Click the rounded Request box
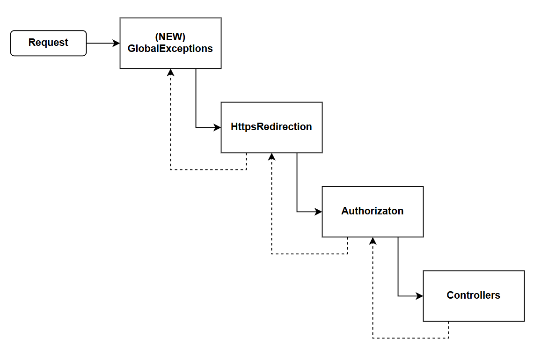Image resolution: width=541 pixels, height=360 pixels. point(48,43)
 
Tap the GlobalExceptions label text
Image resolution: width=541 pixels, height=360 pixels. point(170,49)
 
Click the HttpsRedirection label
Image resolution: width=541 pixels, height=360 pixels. point(271,127)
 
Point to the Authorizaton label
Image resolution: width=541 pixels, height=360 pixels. point(373,211)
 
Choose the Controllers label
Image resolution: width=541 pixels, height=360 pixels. point(474,295)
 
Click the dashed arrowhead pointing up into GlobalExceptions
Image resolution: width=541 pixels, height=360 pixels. point(170,73)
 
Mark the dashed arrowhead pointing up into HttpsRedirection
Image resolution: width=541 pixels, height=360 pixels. point(271,157)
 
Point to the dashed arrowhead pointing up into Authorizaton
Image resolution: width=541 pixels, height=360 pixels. point(373,241)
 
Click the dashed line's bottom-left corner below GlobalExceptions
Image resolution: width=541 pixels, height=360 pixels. point(170,169)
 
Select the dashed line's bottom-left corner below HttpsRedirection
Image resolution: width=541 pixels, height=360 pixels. point(271,254)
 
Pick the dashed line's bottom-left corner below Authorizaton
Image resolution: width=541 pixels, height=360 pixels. point(373,338)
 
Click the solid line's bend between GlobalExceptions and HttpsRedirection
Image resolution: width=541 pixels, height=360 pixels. point(196,127)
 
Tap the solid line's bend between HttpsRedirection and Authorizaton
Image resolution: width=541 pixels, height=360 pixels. point(297,212)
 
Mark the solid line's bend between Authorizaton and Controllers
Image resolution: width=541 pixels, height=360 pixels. point(398,296)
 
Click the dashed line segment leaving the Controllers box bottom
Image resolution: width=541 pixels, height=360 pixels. point(448,330)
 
